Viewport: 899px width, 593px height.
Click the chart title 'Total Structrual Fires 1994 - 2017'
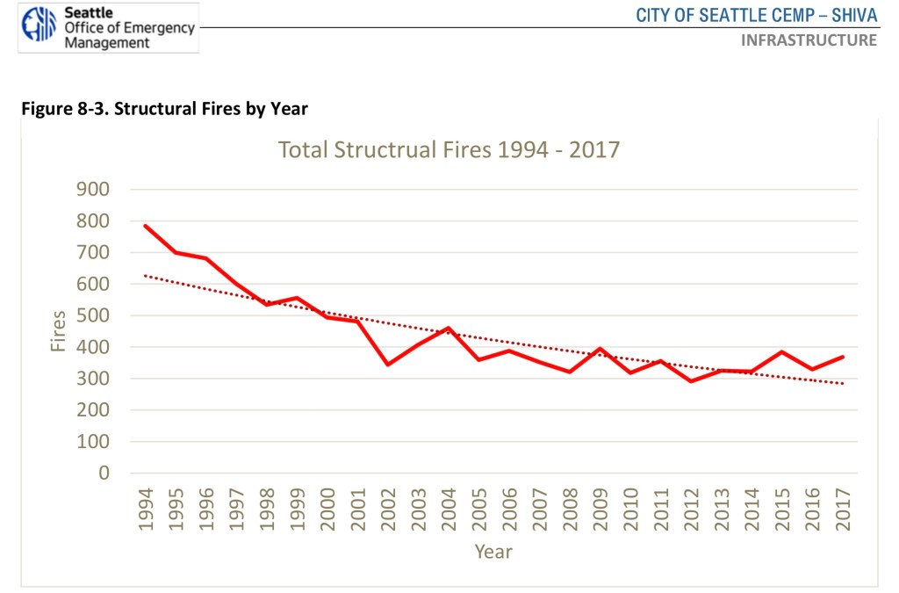point(449,149)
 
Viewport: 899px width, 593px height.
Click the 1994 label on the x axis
point(146,510)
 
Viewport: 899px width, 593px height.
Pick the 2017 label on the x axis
point(843,510)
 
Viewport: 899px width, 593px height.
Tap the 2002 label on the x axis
point(388,510)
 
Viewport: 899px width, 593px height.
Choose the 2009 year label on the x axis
point(601,510)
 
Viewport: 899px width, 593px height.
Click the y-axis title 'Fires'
point(58,331)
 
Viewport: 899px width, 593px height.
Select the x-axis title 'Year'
point(493,552)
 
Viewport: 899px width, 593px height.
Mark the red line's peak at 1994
point(146,226)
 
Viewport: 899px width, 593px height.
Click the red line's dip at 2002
point(388,365)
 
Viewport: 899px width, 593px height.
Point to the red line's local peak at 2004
point(449,328)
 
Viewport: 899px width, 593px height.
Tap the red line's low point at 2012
point(691,381)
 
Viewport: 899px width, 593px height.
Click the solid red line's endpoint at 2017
point(843,357)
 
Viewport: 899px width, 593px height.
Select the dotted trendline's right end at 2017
point(843,383)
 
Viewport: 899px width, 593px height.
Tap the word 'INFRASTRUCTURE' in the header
point(809,40)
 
